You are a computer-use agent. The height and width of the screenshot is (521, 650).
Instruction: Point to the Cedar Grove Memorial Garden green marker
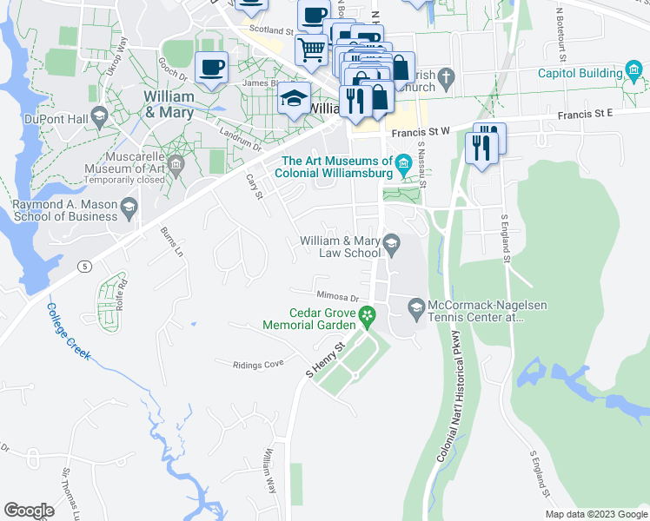tap(368, 313)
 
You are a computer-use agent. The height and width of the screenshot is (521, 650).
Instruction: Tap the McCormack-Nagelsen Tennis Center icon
tap(416, 306)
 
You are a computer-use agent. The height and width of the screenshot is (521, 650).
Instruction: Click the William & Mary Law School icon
tap(392, 243)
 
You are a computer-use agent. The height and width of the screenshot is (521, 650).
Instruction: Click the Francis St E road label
tap(587, 113)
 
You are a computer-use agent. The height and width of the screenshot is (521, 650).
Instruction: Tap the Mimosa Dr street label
tap(338, 297)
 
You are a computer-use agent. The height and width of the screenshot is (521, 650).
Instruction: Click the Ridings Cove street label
tap(258, 365)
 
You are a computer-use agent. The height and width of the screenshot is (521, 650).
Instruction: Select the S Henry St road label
tap(325, 358)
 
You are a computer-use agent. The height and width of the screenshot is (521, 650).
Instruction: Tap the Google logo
tap(29, 511)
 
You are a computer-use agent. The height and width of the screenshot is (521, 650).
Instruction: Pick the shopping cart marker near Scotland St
tap(311, 48)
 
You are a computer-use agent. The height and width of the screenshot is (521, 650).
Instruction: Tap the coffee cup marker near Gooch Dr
tap(211, 67)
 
